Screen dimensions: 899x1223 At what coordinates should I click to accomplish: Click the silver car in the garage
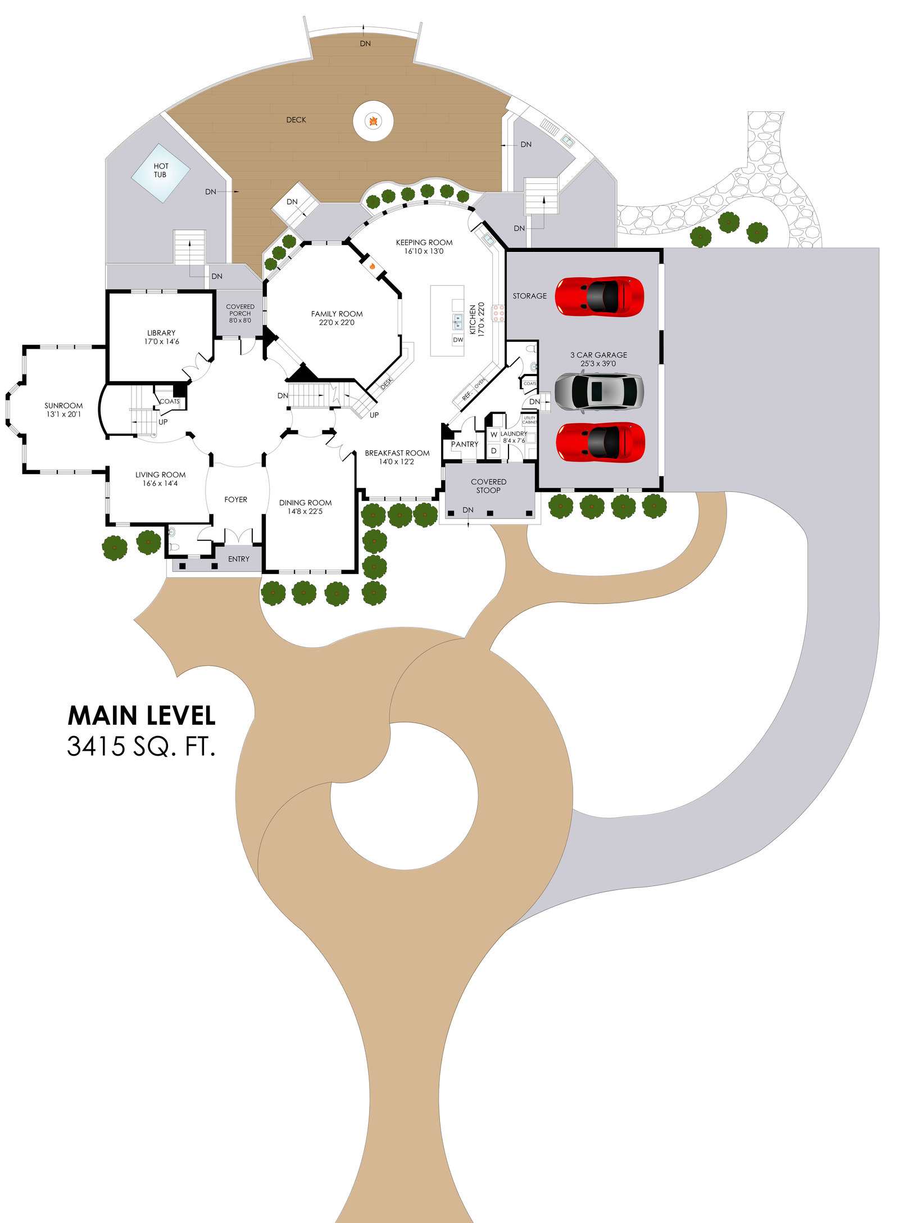point(599,391)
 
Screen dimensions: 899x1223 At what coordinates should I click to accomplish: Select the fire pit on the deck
point(373,121)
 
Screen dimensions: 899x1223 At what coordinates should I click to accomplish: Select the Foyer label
point(235,500)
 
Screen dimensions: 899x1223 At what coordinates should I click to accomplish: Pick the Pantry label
point(465,445)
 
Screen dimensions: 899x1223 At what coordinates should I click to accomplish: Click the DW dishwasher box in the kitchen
point(458,340)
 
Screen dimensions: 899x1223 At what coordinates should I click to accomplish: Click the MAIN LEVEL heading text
point(142,716)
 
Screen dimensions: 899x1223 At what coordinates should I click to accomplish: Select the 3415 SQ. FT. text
point(141,747)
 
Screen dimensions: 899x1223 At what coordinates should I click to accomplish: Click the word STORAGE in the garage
point(529,296)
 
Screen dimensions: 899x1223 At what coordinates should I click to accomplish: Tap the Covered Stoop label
point(488,486)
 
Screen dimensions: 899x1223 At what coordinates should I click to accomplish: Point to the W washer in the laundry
point(494,435)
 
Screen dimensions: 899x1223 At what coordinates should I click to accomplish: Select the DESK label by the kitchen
point(387,384)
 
